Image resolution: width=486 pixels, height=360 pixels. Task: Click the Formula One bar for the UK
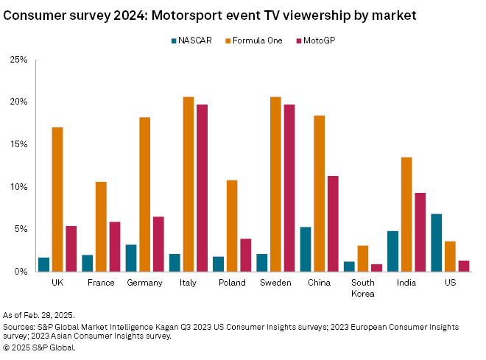(x=57, y=200)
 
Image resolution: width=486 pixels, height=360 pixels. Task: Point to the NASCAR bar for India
(x=393, y=251)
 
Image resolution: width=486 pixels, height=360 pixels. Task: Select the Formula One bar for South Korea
(x=362, y=258)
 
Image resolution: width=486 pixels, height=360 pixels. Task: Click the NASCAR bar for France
(x=88, y=263)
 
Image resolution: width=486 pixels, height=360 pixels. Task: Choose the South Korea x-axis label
(x=362, y=287)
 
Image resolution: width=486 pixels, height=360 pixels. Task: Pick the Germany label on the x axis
(x=144, y=283)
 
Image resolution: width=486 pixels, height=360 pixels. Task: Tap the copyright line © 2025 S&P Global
(x=38, y=346)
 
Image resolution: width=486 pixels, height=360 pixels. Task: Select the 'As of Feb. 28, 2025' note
(x=44, y=314)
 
